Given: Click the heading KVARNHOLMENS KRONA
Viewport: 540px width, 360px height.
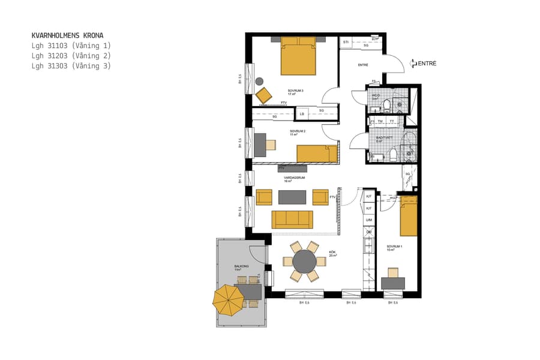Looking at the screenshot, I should point(71,35).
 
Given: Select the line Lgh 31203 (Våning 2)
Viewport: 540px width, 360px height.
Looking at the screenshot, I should point(71,56).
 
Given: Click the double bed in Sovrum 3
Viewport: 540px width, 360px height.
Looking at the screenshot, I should point(298,56).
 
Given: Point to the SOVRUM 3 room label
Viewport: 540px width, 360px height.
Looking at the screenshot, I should point(295,91).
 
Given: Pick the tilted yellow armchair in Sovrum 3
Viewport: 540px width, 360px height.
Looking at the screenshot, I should point(263,95).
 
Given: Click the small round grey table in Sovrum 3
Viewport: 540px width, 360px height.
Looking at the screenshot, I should point(259,81).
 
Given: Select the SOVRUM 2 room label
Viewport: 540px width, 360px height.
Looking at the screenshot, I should point(298,131).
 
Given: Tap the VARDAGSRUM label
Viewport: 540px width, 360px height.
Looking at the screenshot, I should point(295,178).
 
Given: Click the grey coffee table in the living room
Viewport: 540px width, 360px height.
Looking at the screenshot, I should point(292,197).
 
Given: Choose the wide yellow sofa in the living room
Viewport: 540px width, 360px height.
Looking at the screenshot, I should point(292,220).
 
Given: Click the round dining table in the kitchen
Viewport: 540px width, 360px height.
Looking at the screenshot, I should point(304,262).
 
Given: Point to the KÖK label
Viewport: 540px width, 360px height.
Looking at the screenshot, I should point(332,253).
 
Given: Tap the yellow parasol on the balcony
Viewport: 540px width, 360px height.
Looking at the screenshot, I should point(227,299).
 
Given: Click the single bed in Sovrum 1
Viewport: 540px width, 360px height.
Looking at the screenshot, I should point(409,216).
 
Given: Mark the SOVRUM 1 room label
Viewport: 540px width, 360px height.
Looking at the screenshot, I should point(394,247).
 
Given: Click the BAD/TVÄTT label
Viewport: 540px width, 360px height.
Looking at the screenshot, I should point(384,137).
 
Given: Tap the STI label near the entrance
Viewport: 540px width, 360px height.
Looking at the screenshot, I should point(346,42).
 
